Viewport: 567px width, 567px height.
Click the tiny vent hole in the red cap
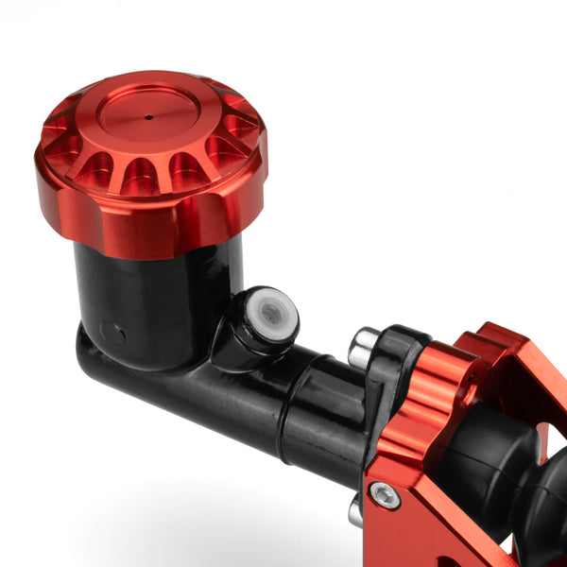pyautogui.click(x=148, y=118)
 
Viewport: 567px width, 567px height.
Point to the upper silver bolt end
pyautogui.click(x=363, y=348)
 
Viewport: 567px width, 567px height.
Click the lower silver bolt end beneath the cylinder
pyautogui.click(x=355, y=512)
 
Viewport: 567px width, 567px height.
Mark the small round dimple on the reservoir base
pyautogui.click(x=112, y=334)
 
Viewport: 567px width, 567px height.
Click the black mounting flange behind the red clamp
pyautogui.click(x=389, y=378)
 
